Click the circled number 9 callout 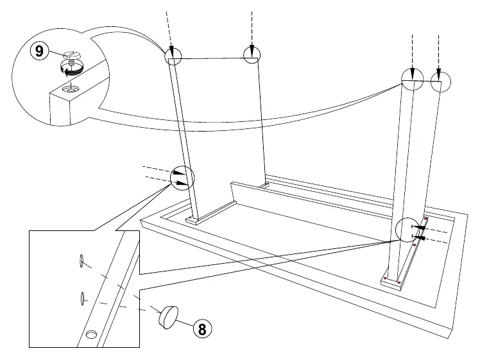(x=40, y=51)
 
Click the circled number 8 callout (x=202, y=329)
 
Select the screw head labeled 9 (x=73, y=56)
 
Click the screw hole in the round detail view (x=70, y=89)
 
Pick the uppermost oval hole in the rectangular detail (x=81, y=261)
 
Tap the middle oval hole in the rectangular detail (x=82, y=298)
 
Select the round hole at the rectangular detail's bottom (x=90, y=334)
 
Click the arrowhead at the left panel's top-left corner (x=172, y=51)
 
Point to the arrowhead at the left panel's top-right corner (x=252, y=50)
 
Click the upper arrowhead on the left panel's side (x=180, y=173)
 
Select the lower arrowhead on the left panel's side (x=182, y=184)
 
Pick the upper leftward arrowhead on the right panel (x=420, y=227)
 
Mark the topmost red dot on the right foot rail (x=425, y=219)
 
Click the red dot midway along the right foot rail (x=414, y=245)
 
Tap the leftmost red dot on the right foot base (x=385, y=279)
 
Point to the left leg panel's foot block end (x=193, y=221)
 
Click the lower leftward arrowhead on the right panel (x=420, y=237)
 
